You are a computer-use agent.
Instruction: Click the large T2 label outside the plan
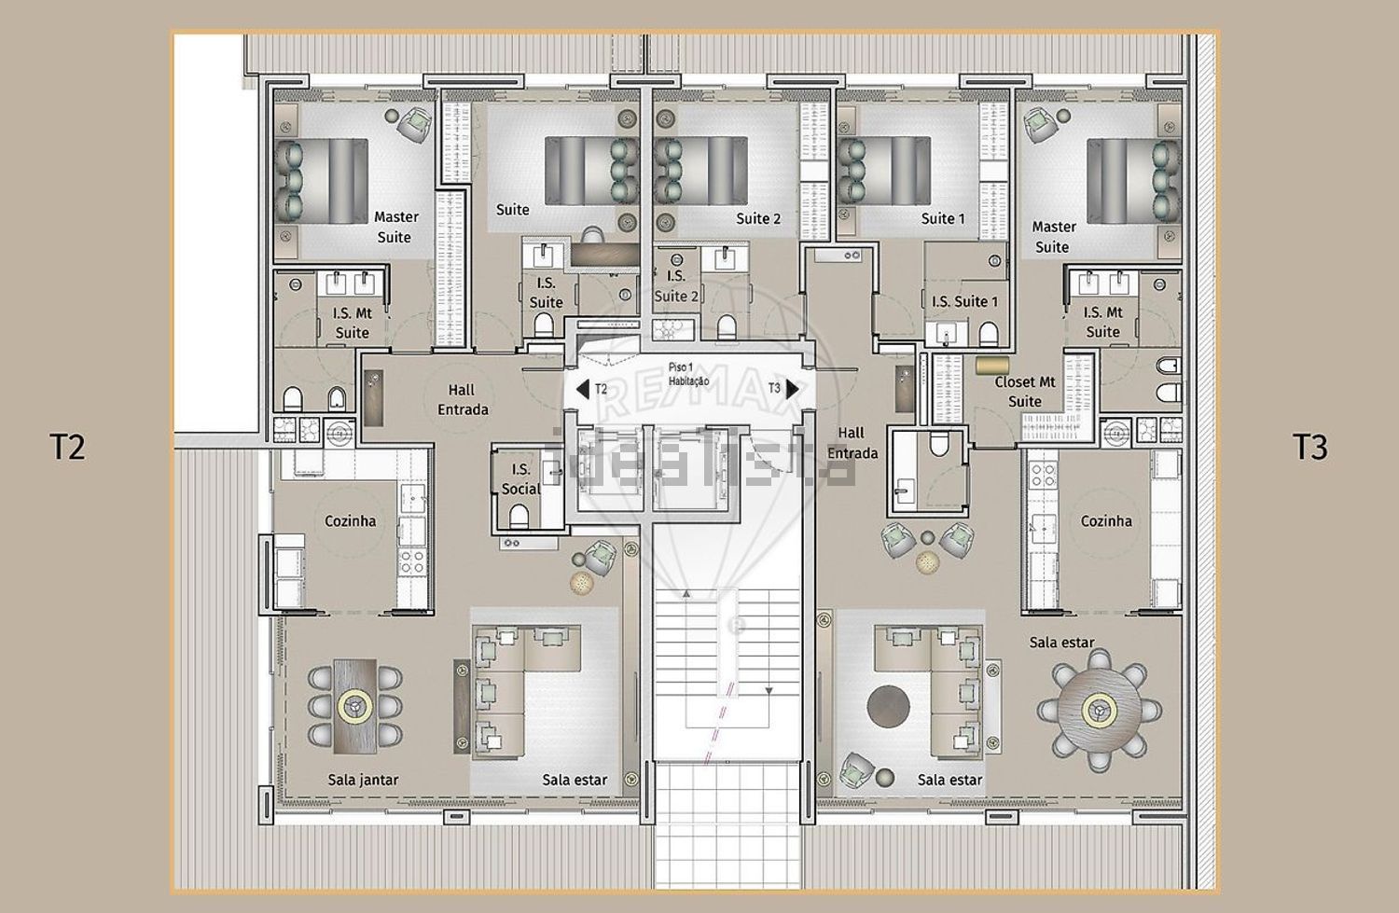(67, 447)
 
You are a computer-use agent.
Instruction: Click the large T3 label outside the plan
(1310, 447)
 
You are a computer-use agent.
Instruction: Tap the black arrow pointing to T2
(582, 389)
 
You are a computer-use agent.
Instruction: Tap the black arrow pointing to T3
(793, 389)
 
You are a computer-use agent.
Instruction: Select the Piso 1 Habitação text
(688, 374)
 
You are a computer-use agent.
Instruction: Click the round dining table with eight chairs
(1100, 711)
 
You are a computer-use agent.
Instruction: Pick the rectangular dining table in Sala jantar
(354, 706)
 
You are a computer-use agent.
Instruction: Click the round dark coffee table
(888, 706)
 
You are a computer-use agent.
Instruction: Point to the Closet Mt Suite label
(1025, 392)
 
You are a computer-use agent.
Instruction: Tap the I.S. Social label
(520, 479)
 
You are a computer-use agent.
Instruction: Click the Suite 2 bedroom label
(758, 218)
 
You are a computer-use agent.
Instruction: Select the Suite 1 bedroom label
(943, 218)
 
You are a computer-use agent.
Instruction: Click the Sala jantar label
(363, 780)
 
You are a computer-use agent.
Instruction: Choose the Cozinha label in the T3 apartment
(1106, 520)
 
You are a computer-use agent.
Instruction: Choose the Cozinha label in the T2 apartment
(351, 520)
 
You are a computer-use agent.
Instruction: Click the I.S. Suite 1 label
(965, 301)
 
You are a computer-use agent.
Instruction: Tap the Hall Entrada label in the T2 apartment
(463, 400)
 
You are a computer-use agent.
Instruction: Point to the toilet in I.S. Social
(519, 517)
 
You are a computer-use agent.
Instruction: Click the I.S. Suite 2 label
(676, 286)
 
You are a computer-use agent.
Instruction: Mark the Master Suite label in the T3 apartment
(1054, 237)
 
